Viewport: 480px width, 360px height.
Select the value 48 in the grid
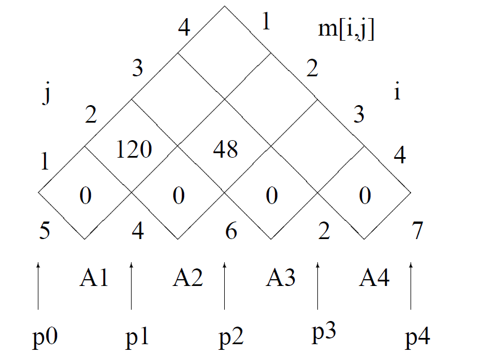click(225, 149)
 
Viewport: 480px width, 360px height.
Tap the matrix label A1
click(94, 279)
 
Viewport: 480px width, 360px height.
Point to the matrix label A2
click(188, 279)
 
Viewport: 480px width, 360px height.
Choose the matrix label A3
click(281, 279)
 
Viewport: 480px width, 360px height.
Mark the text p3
click(324, 333)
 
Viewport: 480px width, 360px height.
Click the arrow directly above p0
click(38, 285)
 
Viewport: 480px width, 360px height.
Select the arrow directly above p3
click(317, 285)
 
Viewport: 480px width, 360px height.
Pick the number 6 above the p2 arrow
click(230, 231)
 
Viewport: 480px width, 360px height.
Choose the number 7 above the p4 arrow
click(417, 231)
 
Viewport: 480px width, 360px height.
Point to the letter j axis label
click(46, 96)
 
